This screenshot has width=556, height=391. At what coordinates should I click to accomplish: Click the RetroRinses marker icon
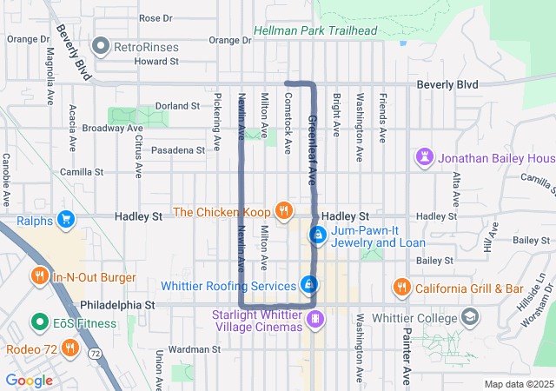[x=103, y=45]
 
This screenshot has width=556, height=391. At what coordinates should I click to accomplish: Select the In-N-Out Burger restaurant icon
[x=40, y=277]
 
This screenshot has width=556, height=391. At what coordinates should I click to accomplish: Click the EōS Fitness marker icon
[x=39, y=323]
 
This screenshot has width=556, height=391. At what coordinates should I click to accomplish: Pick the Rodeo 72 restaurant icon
[x=70, y=349]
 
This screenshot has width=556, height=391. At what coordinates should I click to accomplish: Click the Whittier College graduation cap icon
[x=470, y=317]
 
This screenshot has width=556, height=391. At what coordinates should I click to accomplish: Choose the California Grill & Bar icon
[x=401, y=287]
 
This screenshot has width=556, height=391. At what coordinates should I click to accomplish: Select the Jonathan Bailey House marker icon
[x=424, y=158]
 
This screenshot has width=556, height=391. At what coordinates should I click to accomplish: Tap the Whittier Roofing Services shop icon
[x=308, y=284]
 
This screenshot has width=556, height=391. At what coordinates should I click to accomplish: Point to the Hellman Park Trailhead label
[x=315, y=31]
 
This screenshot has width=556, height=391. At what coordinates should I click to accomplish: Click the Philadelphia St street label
[x=117, y=306]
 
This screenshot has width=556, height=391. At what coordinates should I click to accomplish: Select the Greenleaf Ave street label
[x=311, y=149]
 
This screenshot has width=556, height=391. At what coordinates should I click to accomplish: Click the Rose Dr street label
[x=156, y=18]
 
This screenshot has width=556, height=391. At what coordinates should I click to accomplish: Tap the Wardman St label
[x=191, y=349]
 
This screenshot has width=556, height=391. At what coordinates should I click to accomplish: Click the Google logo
[x=29, y=380]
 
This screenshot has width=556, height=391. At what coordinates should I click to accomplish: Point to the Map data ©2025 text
[x=518, y=384]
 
